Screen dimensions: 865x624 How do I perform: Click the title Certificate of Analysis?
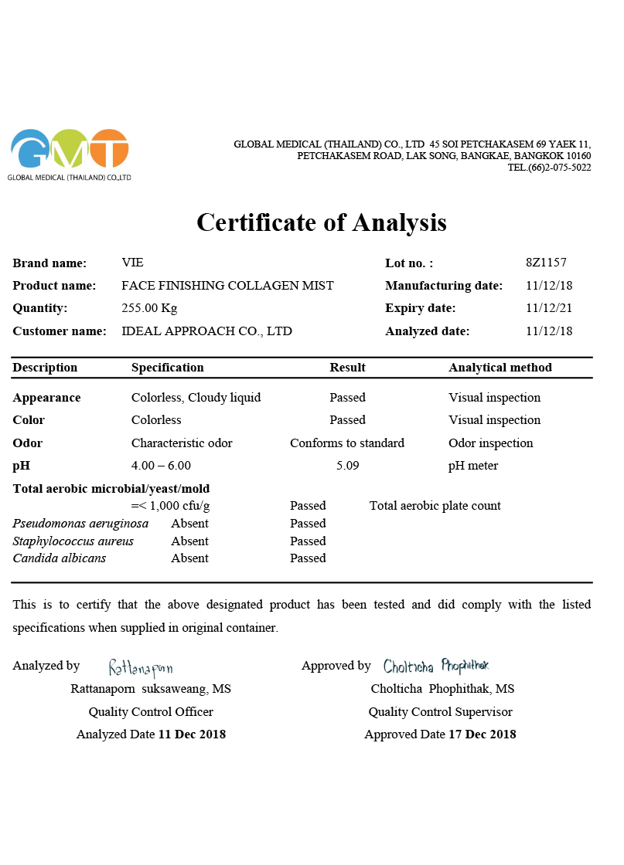(322, 222)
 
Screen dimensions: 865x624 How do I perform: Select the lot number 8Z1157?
(546, 263)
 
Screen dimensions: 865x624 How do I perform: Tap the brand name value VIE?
(133, 263)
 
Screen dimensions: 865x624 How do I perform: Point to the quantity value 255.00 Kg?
(149, 308)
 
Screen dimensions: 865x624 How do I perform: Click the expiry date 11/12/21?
(549, 308)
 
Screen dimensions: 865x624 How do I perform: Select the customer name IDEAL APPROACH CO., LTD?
(206, 331)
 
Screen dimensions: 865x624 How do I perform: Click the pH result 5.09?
(347, 466)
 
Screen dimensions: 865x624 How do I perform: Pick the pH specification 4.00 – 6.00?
(161, 466)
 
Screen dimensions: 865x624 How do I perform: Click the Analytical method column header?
(500, 368)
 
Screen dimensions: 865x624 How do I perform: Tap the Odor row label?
(28, 443)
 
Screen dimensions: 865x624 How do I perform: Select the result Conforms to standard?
(347, 443)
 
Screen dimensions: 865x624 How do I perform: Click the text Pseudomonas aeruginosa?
(80, 524)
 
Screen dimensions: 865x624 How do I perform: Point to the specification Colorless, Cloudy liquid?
(196, 398)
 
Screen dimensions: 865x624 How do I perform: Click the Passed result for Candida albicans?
(308, 558)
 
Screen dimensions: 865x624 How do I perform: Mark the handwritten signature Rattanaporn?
(141, 667)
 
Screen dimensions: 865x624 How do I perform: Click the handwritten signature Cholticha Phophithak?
(436, 666)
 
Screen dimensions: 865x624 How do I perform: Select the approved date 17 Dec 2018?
(482, 734)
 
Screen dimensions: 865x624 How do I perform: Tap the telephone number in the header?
(549, 168)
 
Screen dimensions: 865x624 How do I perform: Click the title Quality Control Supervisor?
(440, 712)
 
